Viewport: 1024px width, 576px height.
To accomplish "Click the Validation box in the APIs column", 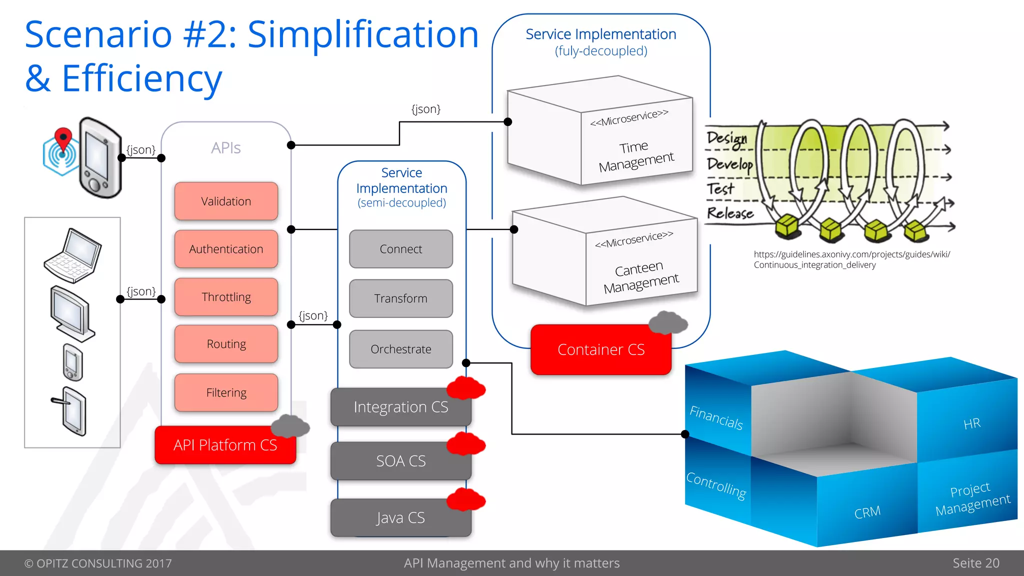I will [226, 201].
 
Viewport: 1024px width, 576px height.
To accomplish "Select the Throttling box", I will [226, 297].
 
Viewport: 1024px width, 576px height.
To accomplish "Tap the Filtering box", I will [226, 392].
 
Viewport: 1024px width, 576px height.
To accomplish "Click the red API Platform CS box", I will [225, 445].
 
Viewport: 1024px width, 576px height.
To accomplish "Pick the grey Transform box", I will [400, 298].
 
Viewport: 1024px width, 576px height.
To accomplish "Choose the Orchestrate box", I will [400, 349].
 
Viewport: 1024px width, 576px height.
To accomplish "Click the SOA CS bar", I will [400, 460].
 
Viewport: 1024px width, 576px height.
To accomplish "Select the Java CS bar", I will [400, 517].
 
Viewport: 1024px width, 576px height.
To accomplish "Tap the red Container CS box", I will [600, 349].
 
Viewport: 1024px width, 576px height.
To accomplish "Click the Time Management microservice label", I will [635, 155].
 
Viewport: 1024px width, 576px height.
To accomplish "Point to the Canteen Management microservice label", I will [640, 277].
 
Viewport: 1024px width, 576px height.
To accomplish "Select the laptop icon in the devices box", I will [73, 255].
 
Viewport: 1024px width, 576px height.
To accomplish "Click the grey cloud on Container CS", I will [667, 323].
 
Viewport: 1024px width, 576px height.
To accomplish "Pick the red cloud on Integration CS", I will [465, 388].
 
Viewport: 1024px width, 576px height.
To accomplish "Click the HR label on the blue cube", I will [971, 424].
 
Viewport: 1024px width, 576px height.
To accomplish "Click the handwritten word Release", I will [730, 213].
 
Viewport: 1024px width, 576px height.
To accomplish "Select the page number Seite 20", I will [975, 563].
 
